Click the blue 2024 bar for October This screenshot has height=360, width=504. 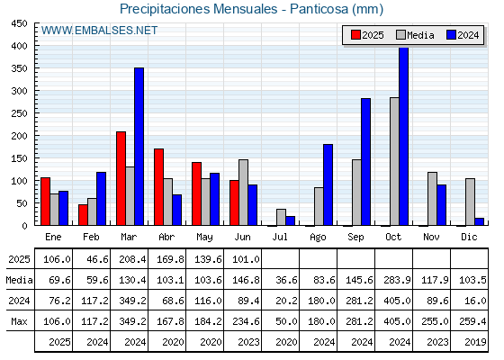pos(404,137)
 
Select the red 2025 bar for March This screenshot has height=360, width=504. pos(121,178)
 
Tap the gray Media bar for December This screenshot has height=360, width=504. pos(470,202)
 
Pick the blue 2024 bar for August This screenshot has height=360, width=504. pos(328,184)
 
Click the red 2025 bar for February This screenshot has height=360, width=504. pos(83,215)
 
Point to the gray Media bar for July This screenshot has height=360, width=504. pos(281,217)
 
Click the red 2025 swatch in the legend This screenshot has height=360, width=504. pos(355,35)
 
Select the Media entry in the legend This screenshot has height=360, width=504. pos(415,35)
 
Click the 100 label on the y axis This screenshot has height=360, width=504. pos(19,181)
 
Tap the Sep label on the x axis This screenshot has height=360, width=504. pos(355,238)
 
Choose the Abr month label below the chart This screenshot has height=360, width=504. pos(166,238)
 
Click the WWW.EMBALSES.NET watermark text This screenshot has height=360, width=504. pos(99,31)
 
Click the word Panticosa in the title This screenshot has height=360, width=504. pos(319,9)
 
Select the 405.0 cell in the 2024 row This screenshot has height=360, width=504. pos(397,301)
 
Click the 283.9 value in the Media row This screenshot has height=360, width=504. pos(397,280)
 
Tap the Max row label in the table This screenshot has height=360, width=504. pos(19,321)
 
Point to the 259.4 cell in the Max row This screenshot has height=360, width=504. pos(472,321)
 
